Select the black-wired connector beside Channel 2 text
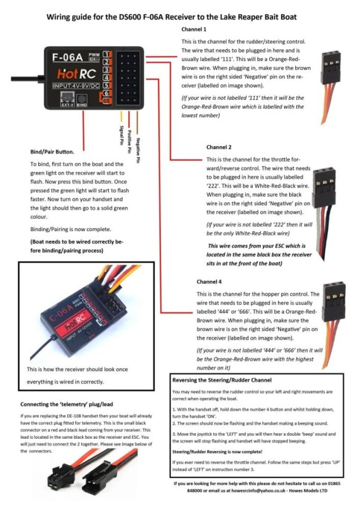pos(325,191)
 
